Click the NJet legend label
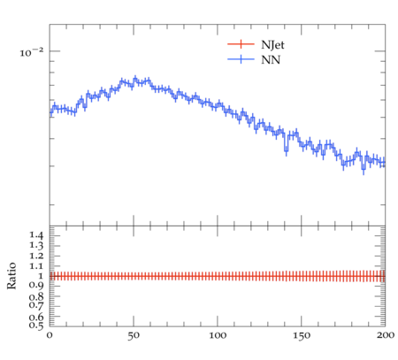tap(272, 45)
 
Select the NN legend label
tap(271, 60)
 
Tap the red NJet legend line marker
tap(241, 44)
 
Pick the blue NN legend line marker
tap(241, 59)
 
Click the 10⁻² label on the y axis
tap(32, 52)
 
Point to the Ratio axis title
tap(11, 276)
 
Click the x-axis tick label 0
tap(50, 335)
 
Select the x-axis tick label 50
tap(134, 335)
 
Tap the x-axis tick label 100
tap(218, 335)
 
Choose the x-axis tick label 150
tap(302, 335)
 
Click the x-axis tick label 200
tap(386, 335)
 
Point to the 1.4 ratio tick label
tap(36, 235)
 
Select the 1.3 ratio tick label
tap(36, 246)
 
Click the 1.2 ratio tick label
tap(36, 256)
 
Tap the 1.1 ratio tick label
tap(36, 266)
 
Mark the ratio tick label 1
tap(41, 276)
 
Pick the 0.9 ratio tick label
tap(36, 286)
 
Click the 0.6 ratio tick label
tap(36, 318)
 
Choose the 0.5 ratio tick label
tap(36, 326)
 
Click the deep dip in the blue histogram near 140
tap(286, 150)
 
